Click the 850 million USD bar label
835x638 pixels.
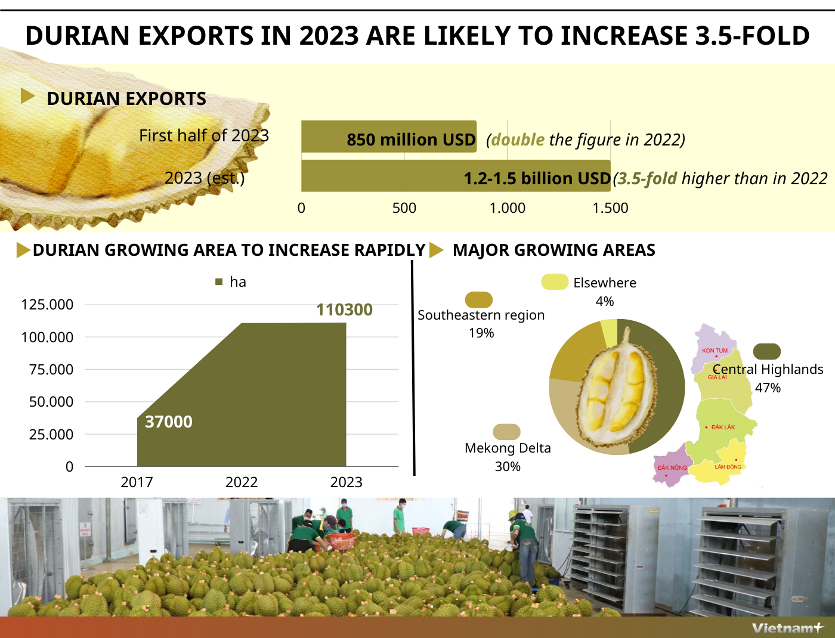(x=411, y=140)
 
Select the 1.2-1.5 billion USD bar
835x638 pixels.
(x=456, y=176)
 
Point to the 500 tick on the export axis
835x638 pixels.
(x=404, y=208)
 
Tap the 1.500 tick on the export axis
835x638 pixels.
(x=610, y=208)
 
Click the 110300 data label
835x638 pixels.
(x=344, y=310)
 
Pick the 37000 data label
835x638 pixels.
(x=169, y=422)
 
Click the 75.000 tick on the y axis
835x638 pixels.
(x=51, y=370)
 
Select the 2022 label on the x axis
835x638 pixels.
(x=242, y=482)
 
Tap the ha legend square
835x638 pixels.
(x=219, y=282)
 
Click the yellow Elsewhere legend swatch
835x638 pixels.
(x=555, y=282)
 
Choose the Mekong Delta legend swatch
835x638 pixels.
(x=507, y=432)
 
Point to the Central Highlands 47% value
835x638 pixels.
(x=768, y=388)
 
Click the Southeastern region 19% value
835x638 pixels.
(x=481, y=333)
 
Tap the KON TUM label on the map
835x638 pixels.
(x=715, y=351)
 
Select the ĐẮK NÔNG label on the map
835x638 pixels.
(x=672, y=467)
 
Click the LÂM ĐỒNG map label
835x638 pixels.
(x=728, y=467)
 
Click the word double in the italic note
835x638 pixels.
(x=518, y=140)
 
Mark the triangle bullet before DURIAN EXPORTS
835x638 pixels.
(x=27, y=96)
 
